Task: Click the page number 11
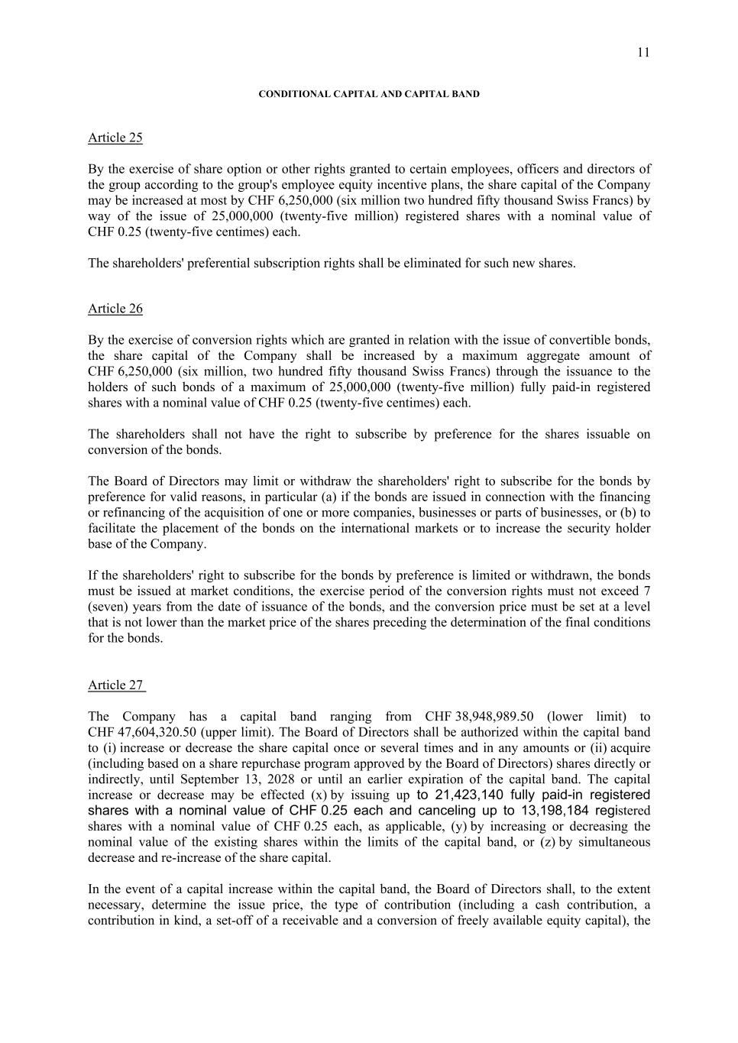(x=643, y=52)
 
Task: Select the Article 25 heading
(x=115, y=138)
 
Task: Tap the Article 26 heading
(x=115, y=309)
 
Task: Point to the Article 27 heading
(x=115, y=685)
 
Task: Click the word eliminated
(x=422, y=264)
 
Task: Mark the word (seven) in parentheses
(x=109, y=607)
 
